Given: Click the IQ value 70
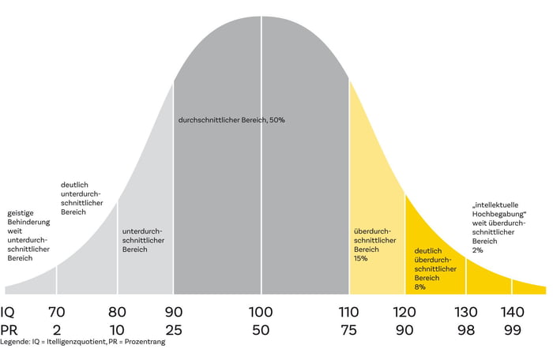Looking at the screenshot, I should pyautogui.click(x=56, y=312).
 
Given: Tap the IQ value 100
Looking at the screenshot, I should pyautogui.click(x=261, y=312).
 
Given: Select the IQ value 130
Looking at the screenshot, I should pyautogui.click(x=465, y=312).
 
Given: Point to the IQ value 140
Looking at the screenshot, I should pyautogui.click(x=513, y=312).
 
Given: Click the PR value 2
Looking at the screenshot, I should pyautogui.click(x=56, y=330).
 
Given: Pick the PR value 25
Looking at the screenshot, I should pyautogui.click(x=173, y=330).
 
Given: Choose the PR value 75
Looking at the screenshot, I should pyautogui.click(x=349, y=330).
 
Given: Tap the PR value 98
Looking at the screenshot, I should pyautogui.click(x=465, y=330).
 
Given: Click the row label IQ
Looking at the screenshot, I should pyautogui.click(x=9, y=312).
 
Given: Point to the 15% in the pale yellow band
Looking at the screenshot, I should pyautogui.click(x=361, y=258).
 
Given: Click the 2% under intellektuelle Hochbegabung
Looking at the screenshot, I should pyautogui.click(x=477, y=250).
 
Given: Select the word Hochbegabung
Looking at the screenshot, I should pyautogui.click(x=497, y=222).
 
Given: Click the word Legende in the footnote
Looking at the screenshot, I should pyautogui.click(x=17, y=342).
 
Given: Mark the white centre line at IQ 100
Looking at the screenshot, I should pyautogui.click(x=261, y=158).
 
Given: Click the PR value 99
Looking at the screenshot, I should pyautogui.click(x=513, y=330).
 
